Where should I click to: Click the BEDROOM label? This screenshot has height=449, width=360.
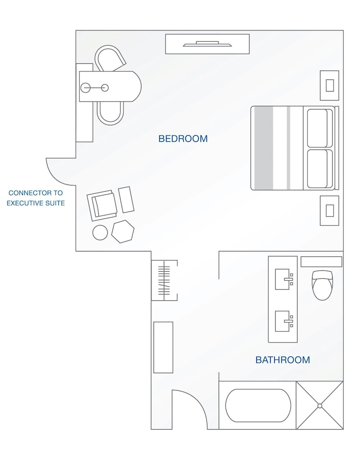click(183, 139)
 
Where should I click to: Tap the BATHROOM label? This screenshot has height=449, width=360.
click(282, 360)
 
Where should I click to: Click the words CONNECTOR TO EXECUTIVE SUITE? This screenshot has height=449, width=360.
click(36, 198)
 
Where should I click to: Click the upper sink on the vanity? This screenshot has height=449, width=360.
click(283, 279)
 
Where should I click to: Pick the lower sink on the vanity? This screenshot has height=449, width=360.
click(283, 321)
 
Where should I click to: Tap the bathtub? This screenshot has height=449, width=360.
click(258, 405)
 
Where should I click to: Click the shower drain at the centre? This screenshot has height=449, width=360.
click(320, 405)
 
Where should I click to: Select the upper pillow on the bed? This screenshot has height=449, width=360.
click(318, 128)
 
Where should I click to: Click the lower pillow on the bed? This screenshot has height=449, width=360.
click(318, 169)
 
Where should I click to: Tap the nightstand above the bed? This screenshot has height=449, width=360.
click(329, 85)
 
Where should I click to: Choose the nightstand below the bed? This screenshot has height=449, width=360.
click(329, 211)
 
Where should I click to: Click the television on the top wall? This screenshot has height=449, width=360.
click(207, 44)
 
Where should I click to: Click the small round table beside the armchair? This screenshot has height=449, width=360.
click(100, 232)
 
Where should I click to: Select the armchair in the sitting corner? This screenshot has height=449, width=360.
click(103, 205)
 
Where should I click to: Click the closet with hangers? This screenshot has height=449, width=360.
click(164, 281)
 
